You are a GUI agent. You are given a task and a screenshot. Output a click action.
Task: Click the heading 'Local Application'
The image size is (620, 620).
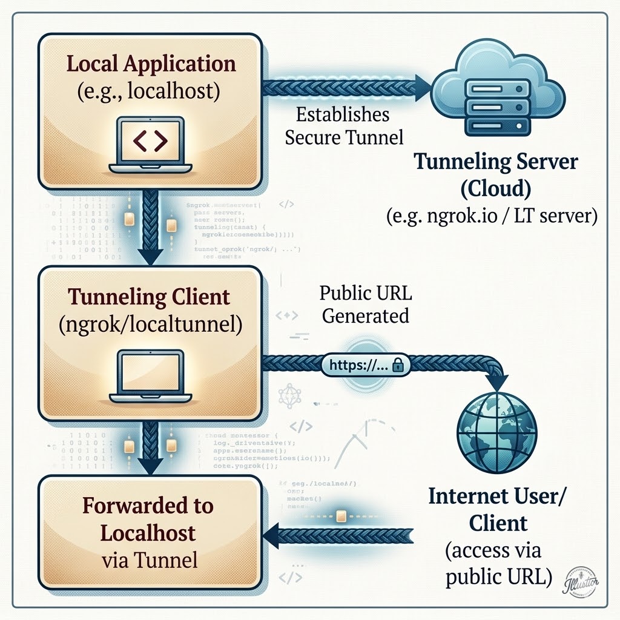tap(151, 64)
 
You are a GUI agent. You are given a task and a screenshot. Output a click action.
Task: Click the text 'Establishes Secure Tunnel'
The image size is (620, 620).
tap(344, 126)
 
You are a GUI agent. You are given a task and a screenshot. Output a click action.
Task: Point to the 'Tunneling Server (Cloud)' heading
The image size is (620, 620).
tap(496, 176)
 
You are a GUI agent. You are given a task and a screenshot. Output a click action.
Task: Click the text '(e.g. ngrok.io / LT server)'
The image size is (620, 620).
tap(492, 216)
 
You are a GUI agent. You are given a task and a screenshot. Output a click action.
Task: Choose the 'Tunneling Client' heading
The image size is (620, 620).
tap(149, 297)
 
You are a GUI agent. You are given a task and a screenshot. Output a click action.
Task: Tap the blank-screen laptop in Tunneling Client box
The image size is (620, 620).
tap(150, 375)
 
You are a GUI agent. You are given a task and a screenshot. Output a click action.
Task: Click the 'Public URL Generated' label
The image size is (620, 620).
tap(365, 305)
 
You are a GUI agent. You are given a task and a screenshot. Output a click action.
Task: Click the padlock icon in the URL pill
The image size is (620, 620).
tap(398, 364)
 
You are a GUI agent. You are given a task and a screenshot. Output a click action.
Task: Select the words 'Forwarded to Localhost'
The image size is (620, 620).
tap(148, 519)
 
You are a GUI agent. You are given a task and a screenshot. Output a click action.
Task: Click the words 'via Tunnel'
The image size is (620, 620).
tap(149, 560)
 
